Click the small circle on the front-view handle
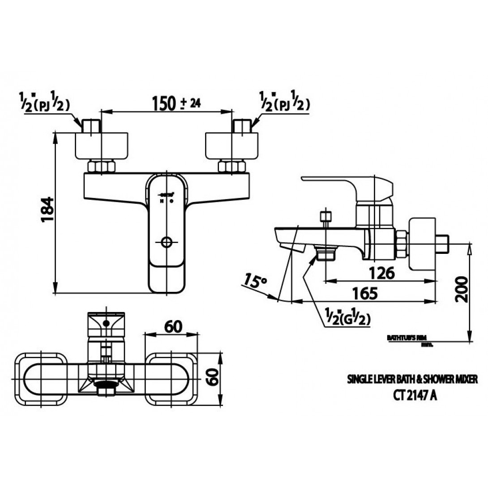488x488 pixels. click(166, 242)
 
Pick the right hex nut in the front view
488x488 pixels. click(231, 167)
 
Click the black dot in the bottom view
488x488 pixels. click(106, 322)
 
